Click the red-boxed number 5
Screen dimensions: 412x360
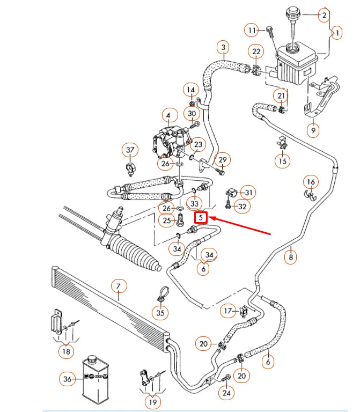click(201, 218)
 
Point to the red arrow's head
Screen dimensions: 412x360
click(210, 218)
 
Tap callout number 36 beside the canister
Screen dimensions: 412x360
click(66, 379)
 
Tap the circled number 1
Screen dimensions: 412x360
click(337, 33)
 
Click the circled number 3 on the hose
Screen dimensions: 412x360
click(224, 48)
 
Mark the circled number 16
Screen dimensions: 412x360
click(311, 182)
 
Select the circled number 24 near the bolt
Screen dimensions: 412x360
click(228, 393)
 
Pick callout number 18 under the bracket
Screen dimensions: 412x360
click(66, 352)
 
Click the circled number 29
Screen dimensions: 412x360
click(223, 159)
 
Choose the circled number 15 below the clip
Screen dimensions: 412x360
click(283, 160)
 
